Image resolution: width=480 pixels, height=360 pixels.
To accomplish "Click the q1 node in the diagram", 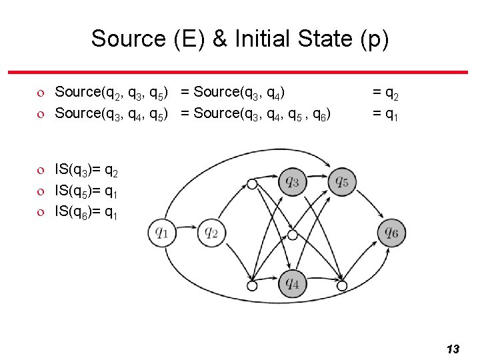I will (161, 233).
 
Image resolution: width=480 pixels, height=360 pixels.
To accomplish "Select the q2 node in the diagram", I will (211, 233).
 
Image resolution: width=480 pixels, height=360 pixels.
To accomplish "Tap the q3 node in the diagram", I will (292, 181).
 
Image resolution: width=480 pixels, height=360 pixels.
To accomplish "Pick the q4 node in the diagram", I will (292, 284).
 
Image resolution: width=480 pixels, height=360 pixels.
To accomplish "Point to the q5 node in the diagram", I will (341, 181).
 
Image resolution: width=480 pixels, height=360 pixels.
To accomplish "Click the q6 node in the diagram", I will (391, 233).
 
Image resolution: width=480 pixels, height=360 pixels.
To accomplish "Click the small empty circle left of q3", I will (252, 184).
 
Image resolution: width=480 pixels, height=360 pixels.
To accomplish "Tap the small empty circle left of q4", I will (252, 285).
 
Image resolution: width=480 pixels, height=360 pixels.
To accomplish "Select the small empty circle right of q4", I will (342, 285).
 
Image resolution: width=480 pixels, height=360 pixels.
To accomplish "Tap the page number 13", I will (453, 349).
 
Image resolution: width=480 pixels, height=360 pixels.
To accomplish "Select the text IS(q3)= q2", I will (87, 173).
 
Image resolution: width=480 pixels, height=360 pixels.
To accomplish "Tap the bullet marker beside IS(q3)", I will (41, 173).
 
